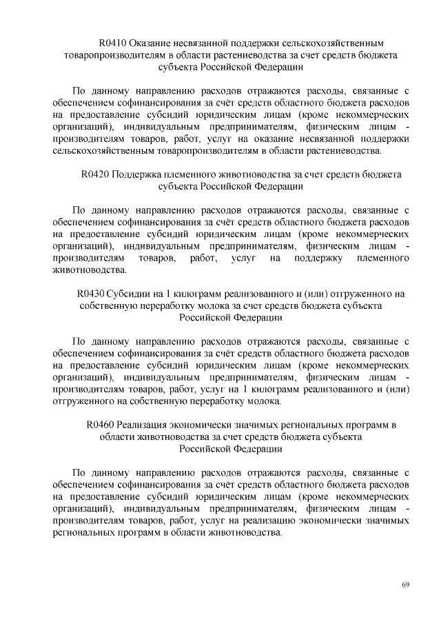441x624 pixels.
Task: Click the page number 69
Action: tap(406, 585)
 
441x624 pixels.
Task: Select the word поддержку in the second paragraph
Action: tap(312, 258)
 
